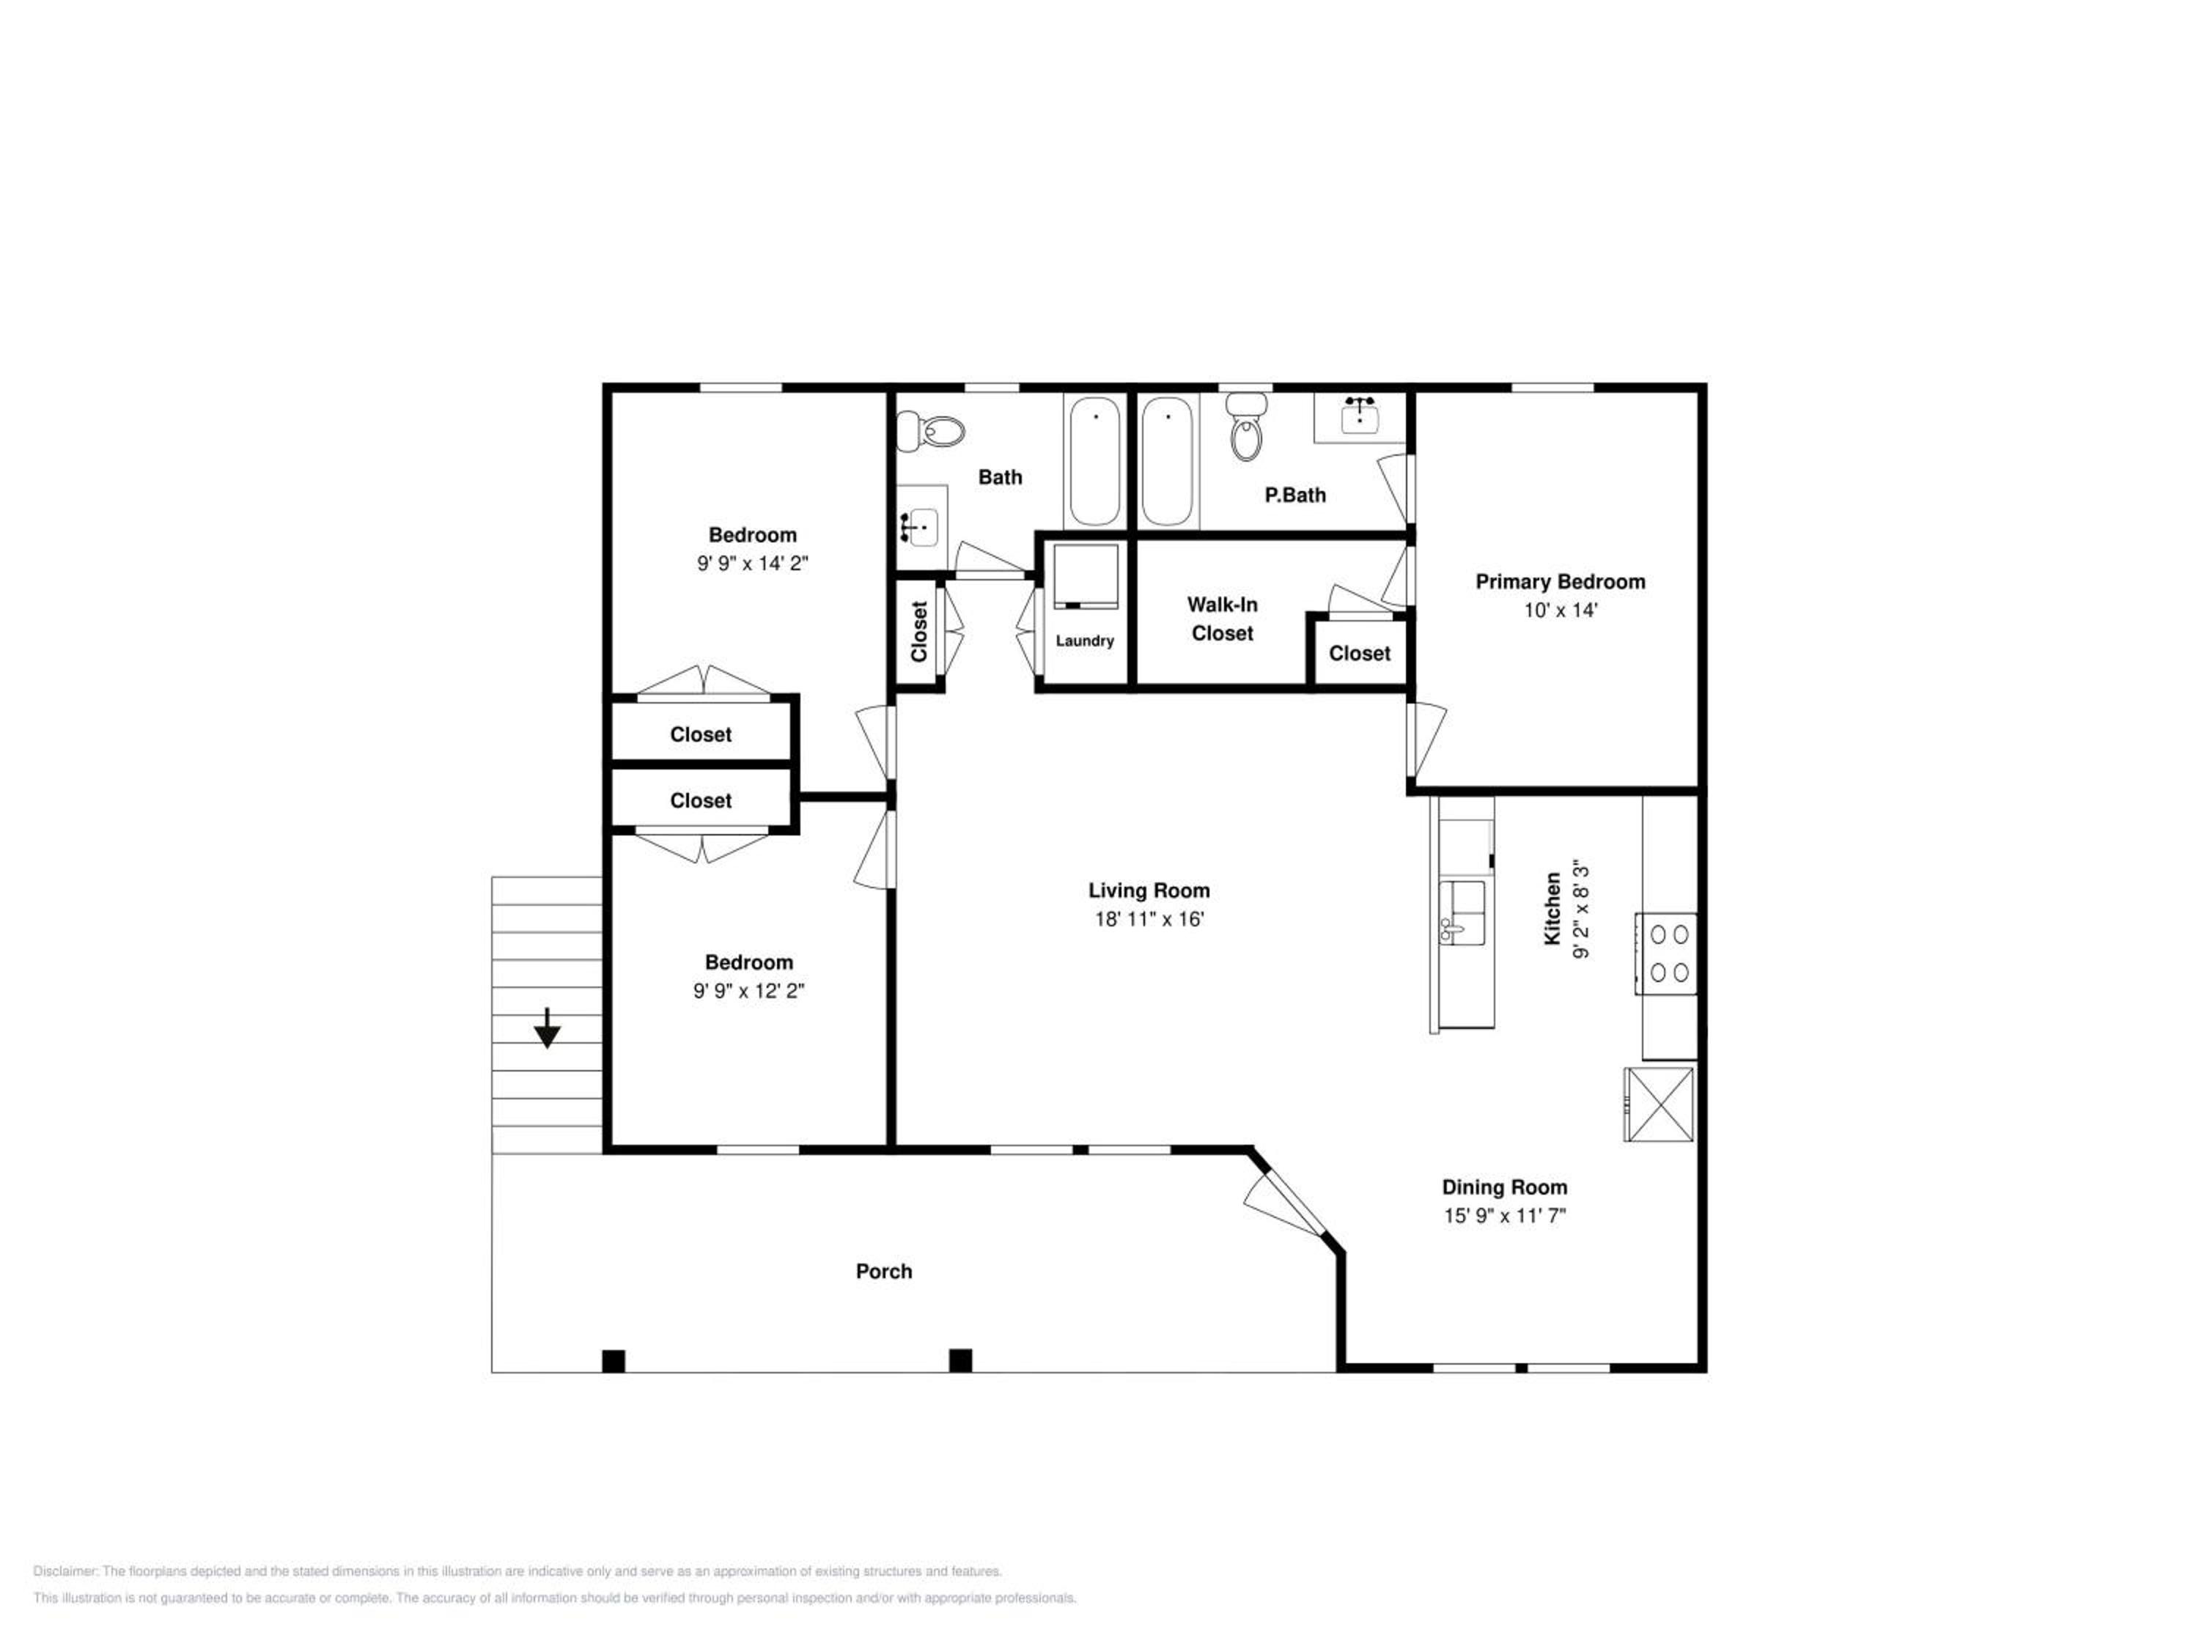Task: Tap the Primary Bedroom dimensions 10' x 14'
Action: (x=1560, y=610)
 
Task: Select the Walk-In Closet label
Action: (x=1222, y=619)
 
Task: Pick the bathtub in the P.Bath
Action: (x=1167, y=461)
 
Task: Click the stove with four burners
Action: (x=1666, y=953)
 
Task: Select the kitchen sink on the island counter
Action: (x=1462, y=912)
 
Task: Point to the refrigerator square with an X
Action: (x=1660, y=1104)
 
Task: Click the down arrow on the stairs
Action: (x=547, y=1028)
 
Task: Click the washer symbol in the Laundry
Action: (x=1086, y=577)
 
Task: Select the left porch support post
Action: (x=614, y=1361)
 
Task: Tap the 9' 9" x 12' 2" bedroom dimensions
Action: (x=748, y=990)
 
